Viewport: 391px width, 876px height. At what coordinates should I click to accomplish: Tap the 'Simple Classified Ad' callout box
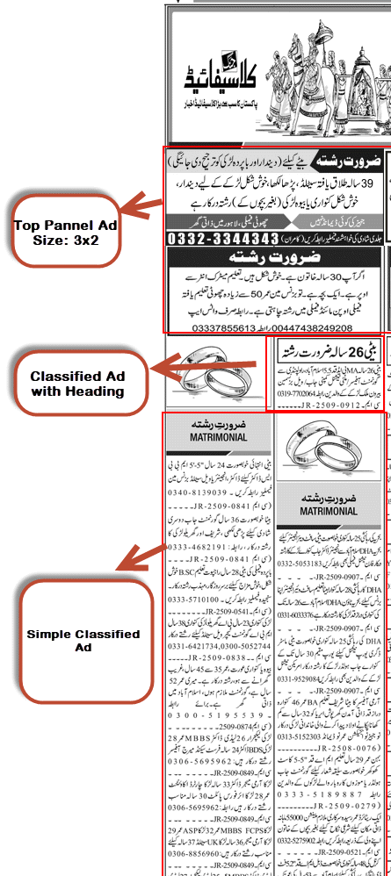83,640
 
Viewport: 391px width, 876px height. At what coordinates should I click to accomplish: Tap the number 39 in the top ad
366,182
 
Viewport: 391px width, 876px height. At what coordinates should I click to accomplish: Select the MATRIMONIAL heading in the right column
328,510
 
